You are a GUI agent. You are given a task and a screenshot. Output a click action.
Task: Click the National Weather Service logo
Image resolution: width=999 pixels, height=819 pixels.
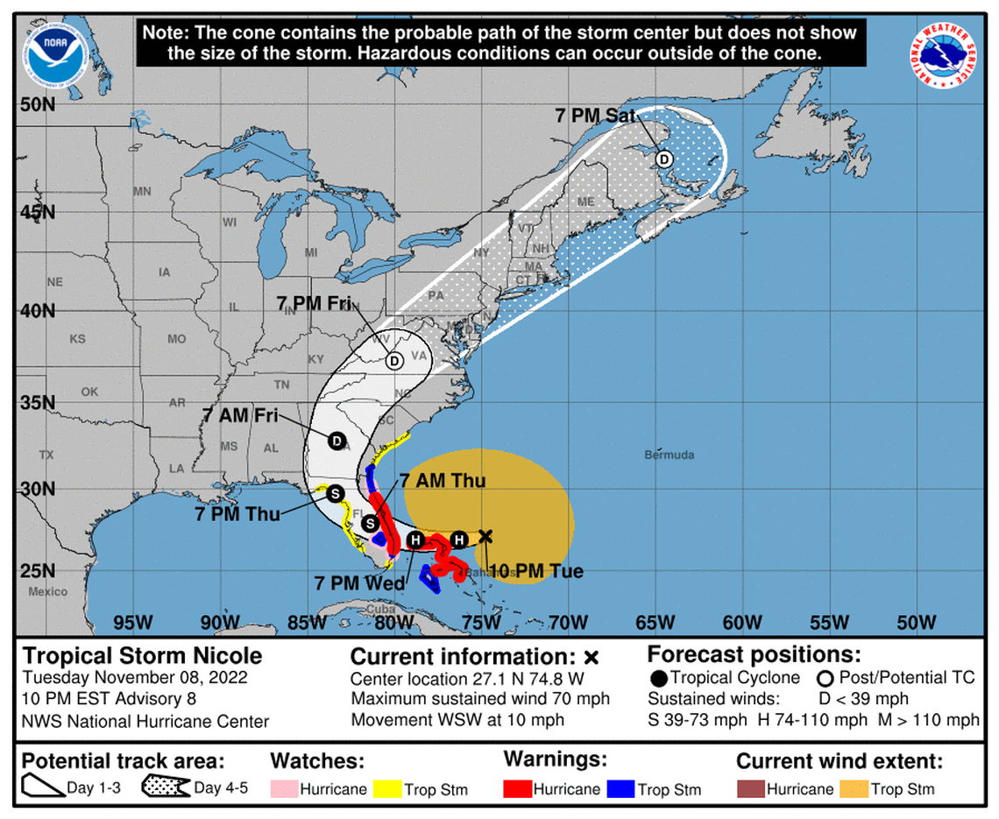tap(945, 55)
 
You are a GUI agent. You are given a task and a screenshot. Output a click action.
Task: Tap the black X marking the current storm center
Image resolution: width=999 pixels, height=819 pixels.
tap(485, 536)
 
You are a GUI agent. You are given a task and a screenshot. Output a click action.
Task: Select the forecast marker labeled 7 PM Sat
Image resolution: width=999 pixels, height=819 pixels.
tap(664, 159)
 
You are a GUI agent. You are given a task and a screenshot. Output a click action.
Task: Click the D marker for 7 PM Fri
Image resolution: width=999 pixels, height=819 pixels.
tap(393, 360)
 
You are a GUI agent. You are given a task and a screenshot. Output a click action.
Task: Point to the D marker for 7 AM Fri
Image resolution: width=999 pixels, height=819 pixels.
tap(337, 441)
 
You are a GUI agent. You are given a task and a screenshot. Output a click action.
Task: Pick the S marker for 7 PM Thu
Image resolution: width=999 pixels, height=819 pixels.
tap(335, 494)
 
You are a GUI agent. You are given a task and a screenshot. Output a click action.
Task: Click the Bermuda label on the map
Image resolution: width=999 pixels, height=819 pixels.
tap(669, 455)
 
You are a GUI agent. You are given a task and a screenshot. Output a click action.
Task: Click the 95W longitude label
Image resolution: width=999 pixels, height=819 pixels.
tap(134, 623)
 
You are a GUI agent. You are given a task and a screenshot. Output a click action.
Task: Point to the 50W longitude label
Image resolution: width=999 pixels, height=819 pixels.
tap(918, 623)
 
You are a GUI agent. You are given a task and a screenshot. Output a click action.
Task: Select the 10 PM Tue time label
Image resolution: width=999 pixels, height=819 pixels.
tap(535, 572)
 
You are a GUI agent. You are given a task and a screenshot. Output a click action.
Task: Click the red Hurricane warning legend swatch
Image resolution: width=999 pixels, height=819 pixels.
tap(518, 788)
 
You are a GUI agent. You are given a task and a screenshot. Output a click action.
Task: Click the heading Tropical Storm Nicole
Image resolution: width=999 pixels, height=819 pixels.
tap(141, 655)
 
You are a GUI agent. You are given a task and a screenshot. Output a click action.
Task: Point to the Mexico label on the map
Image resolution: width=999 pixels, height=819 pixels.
tap(47, 591)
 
